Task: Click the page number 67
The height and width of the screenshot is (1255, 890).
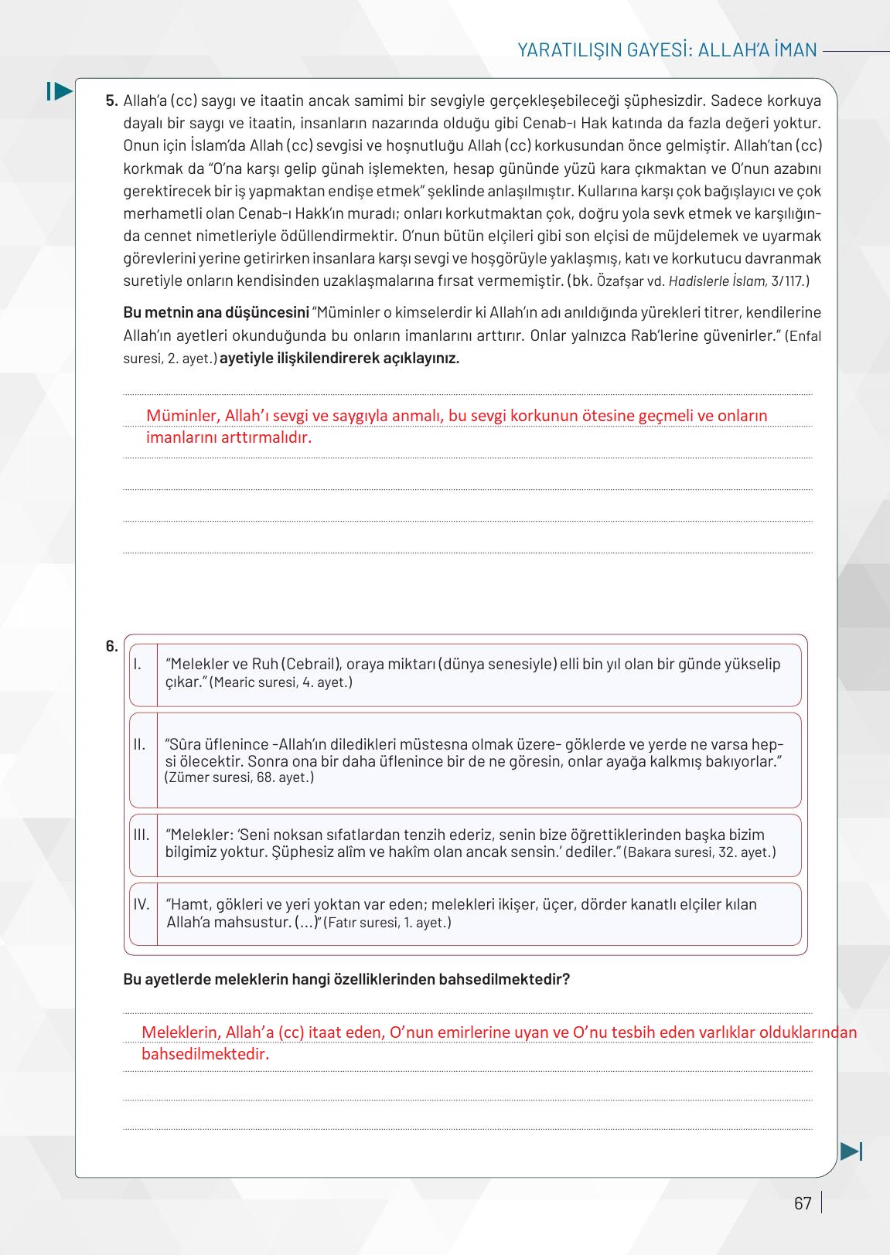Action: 803,1203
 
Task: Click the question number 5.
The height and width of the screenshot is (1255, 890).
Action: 111,100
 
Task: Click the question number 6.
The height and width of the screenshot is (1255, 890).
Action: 111,646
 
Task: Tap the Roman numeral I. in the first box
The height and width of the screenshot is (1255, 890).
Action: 137,664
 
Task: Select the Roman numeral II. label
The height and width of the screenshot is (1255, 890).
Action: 139,744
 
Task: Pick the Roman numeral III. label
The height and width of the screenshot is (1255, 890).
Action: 141,835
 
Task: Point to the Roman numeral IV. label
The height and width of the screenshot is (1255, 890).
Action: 142,904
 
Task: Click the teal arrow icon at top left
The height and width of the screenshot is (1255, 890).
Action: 60,91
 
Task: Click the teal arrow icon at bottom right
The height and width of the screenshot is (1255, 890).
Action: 851,1151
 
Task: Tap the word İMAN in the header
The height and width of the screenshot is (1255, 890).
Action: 790,50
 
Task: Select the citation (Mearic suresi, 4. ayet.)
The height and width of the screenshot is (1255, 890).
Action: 281,682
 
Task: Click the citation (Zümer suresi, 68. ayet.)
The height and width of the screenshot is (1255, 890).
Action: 240,777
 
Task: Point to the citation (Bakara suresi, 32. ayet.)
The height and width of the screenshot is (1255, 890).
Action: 699,852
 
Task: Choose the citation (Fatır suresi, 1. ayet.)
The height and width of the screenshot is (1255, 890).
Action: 387,923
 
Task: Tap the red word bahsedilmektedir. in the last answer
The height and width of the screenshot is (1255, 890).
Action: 205,1054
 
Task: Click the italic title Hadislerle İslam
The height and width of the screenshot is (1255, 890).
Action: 717,281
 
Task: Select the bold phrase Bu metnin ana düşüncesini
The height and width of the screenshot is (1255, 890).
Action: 216,313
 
